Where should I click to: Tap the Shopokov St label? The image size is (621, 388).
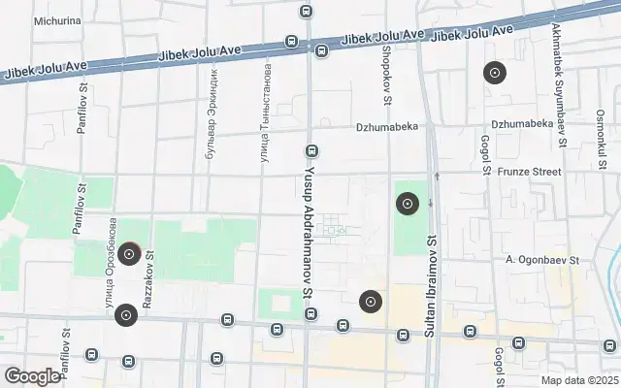coord(386,74)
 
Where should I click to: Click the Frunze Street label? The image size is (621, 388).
coord(531,172)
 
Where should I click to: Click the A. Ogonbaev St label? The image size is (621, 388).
coord(541,260)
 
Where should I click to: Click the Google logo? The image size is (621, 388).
coord(32,376)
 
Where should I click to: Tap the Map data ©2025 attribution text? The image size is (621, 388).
coord(580,380)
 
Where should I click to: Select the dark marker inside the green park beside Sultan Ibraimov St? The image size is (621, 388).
coord(408,204)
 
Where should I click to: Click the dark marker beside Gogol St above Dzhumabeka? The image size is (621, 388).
coord(494,73)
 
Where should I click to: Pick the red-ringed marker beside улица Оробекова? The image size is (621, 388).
coord(128,254)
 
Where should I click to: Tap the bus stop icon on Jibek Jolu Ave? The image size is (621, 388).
coord(291,41)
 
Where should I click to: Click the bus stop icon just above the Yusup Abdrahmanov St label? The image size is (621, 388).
coord(311,151)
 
